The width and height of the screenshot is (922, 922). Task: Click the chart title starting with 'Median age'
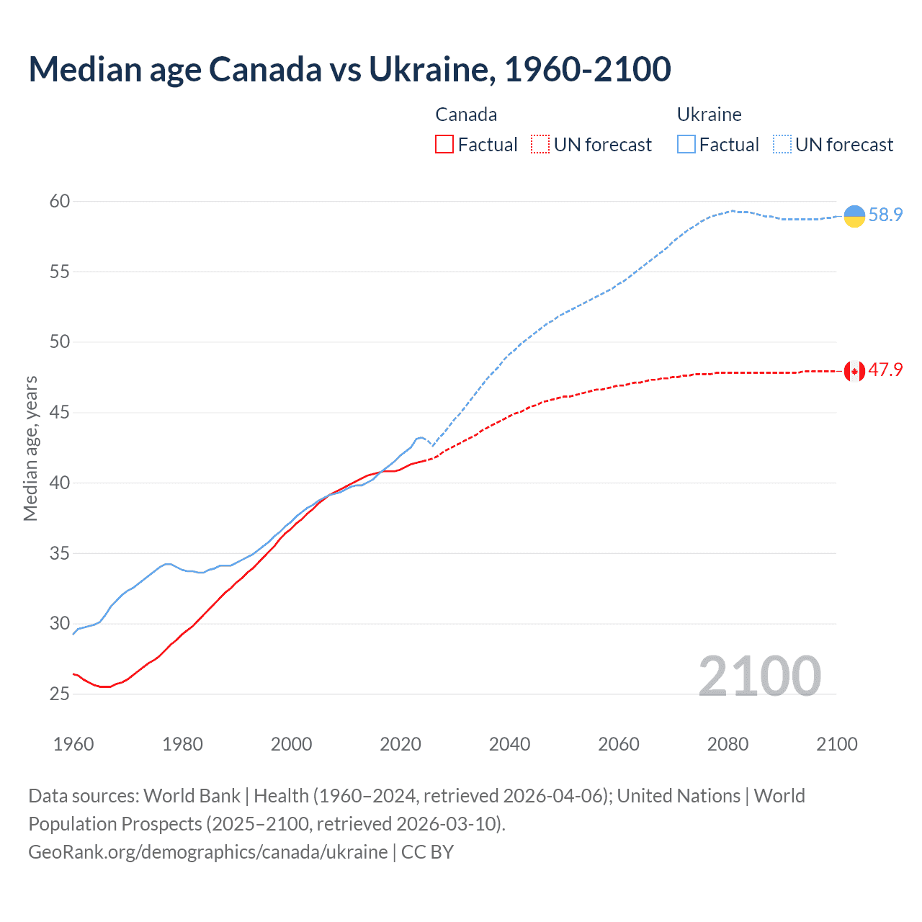coord(349,69)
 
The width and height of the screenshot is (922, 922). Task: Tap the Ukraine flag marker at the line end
coord(854,215)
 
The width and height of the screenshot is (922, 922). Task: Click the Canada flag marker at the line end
coord(854,371)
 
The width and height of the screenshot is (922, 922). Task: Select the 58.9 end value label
coord(885,215)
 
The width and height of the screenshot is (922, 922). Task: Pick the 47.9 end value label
coord(885,370)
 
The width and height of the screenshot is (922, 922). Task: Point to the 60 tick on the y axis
coord(60,202)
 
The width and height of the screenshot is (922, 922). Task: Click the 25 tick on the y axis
coord(60,694)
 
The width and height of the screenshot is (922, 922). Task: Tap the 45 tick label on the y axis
coord(60,413)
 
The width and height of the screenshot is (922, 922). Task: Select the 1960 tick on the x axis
coord(73,744)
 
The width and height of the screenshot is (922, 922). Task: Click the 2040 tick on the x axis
coord(509,744)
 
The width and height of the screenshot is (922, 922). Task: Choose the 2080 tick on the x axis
coord(728,744)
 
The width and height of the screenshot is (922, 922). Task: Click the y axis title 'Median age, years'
coord(30,448)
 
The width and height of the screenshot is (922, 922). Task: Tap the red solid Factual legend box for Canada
coord(444,145)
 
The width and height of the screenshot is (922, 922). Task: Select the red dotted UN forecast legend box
coord(540,145)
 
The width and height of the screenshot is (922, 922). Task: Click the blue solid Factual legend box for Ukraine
coord(686,145)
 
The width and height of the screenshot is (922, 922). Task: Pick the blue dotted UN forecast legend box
coord(782,145)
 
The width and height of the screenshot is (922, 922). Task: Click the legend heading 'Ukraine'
coord(709,115)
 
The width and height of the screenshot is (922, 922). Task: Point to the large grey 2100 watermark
coord(759,676)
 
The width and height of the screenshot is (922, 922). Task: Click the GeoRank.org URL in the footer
coord(207,852)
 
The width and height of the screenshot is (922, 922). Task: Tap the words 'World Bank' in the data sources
coord(192,796)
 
